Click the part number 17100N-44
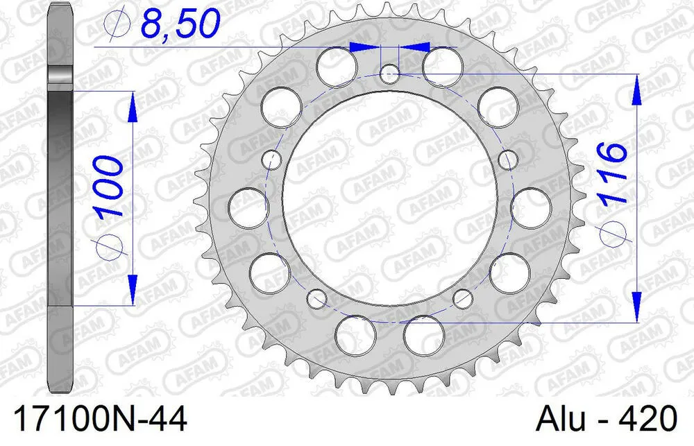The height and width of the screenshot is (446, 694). point(94,420)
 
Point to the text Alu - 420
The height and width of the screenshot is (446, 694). point(606,420)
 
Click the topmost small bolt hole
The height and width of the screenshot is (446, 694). point(390,71)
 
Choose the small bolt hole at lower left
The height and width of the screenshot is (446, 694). point(316,299)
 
